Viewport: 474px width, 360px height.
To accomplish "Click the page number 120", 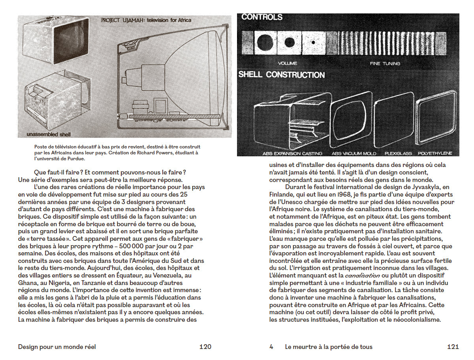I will [x=205, y=347].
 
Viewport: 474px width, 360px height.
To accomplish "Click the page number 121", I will [x=453, y=347].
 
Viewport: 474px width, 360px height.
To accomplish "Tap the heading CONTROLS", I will [x=262, y=17].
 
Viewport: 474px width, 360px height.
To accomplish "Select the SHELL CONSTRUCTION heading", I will [x=281, y=75].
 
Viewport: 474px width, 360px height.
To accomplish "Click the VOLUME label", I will [x=288, y=64].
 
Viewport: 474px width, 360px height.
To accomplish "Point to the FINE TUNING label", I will [x=385, y=64].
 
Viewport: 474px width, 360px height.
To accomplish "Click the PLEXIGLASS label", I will [x=396, y=153].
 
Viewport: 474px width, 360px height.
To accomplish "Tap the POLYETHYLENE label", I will [x=435, y=153].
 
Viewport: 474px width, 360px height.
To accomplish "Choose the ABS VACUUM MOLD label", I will [x=354, y=153].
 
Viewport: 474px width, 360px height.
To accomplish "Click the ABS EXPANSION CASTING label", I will [x=292, y=153].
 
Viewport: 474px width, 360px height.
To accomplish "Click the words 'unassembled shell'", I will [x=48, y=135].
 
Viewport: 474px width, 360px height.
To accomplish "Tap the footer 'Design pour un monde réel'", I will [x=57, y=347].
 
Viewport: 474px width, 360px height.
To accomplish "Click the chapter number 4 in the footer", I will [x=271, y=347].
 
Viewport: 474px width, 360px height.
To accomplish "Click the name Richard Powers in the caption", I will [x=154, y=153].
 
